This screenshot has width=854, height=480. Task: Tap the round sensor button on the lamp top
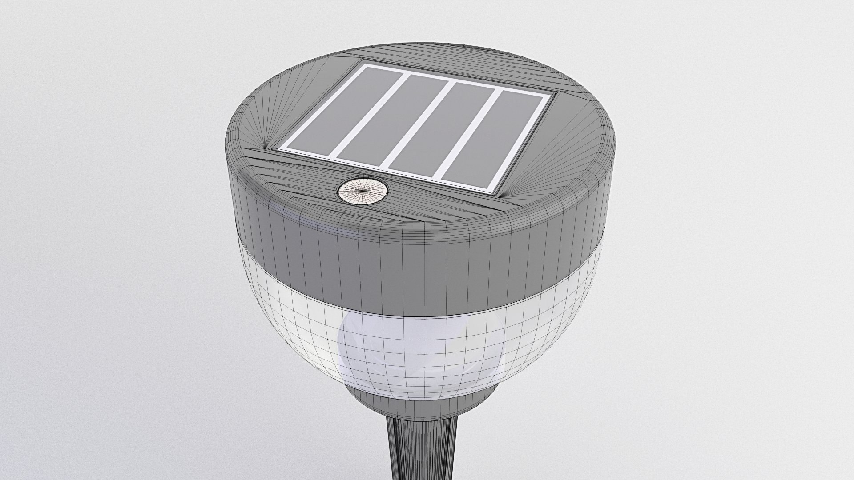click(363, 191)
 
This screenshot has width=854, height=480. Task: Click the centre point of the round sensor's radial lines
click(363, 191)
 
